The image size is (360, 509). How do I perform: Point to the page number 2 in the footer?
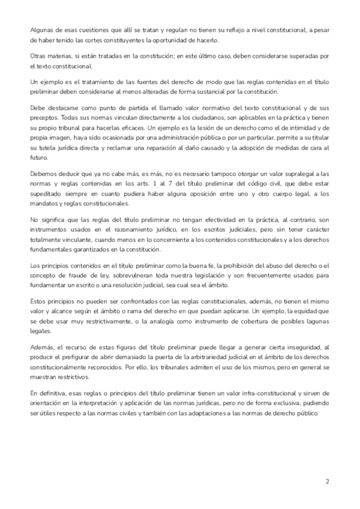tap(327, 481)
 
